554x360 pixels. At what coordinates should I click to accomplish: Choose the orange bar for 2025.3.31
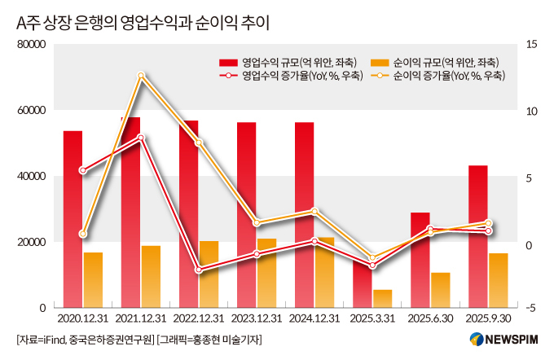(x=383, y=298)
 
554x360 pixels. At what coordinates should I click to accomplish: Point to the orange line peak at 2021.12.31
(x=141, y=76)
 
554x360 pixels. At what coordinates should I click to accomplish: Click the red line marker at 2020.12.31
(x=82, y=170)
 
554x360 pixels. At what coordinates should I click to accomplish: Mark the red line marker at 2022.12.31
(x=199, y=270)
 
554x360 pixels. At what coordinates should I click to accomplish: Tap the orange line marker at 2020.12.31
(x=82, y=234)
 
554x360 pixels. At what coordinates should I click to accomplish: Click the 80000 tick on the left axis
(x=32, y=44)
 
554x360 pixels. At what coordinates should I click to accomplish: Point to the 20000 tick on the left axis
(x=32, y=242)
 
